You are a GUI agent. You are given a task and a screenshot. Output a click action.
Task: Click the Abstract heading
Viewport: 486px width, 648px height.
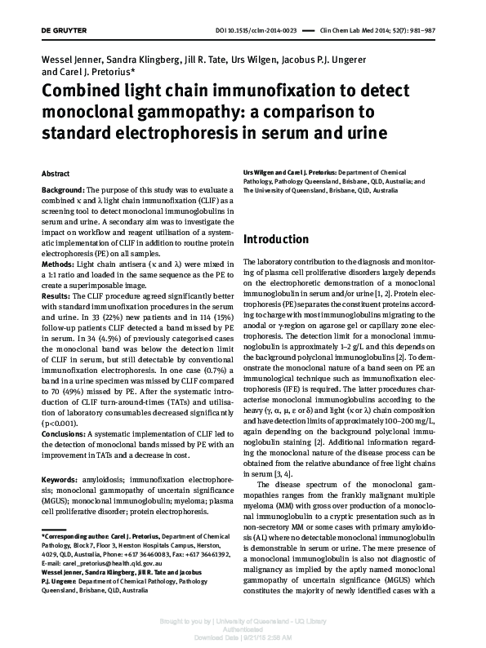55,175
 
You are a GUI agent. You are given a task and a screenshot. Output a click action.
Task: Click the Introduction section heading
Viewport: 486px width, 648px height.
277,240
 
